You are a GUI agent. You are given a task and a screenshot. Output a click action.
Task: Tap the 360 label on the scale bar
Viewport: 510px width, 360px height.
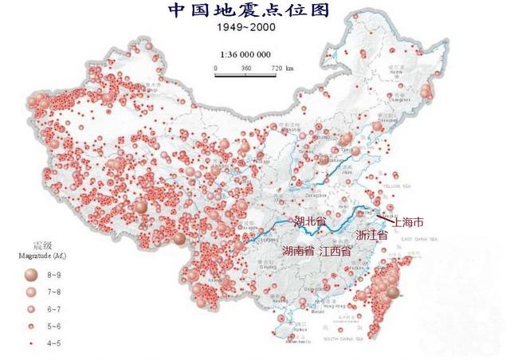pos(245,68)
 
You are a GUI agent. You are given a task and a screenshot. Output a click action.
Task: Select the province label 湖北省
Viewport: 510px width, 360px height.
pos(311,221)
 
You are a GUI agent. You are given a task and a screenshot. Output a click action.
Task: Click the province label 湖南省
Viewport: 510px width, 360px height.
pos(298,251)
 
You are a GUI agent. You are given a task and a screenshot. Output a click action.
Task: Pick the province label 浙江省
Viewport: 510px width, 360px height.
pos(371,237)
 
